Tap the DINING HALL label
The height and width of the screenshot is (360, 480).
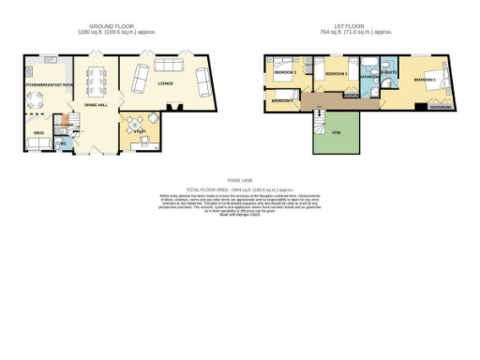[97, 105]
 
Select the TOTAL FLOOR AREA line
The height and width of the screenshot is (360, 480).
[240, 188]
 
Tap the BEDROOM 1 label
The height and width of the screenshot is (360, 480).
[425, 81]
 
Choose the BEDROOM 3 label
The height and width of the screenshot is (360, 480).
[285, 72]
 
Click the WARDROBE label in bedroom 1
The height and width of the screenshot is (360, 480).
[441, 107]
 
